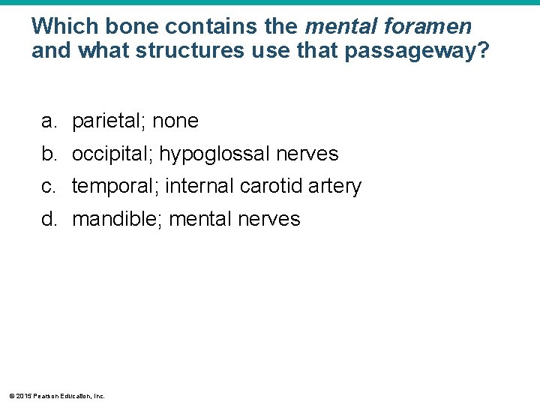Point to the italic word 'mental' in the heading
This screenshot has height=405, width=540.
pyautogui.click(x=340, y=27)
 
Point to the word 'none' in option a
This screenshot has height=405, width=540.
pyautogui.click(x=175, y=121)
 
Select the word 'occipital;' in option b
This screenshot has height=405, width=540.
pyautogui.click(x=112, y=154)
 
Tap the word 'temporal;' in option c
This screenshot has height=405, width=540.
pyautogui.click(x=115, y=186)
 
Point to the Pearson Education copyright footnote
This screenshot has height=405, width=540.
pyautogui.click(x=57, y=395)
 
